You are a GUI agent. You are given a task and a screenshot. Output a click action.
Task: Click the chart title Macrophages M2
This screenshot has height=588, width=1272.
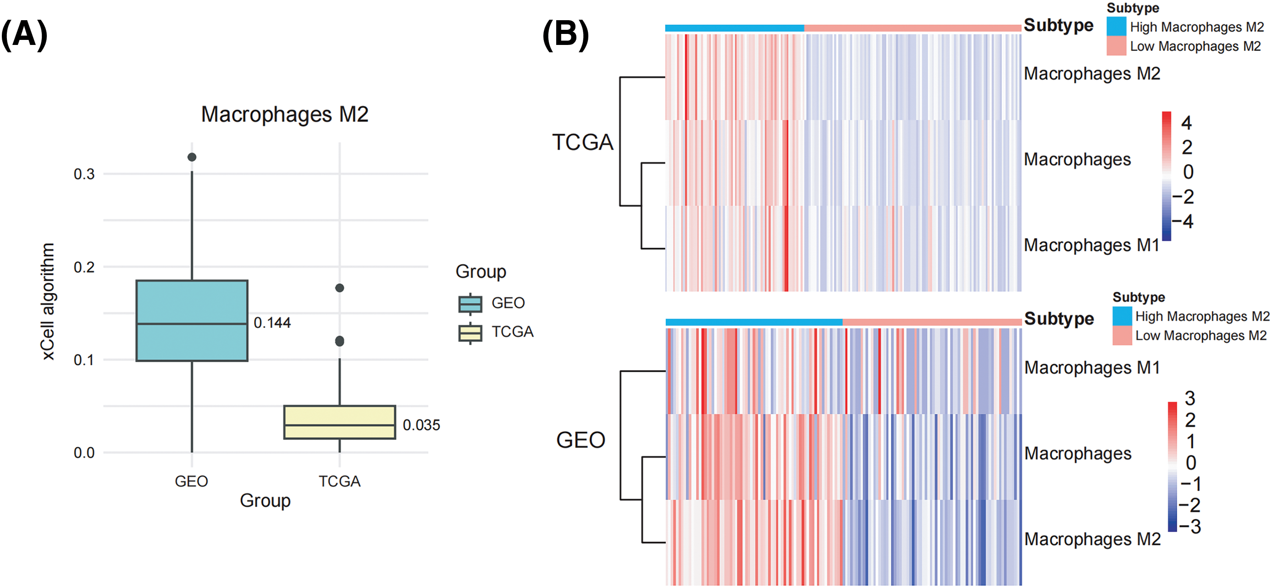[x=284, y=115]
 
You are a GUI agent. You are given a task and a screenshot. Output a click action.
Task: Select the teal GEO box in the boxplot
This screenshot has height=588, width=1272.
[x=192, y=320]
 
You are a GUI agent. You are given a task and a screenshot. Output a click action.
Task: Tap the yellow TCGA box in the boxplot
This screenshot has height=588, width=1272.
[x=339, y=422]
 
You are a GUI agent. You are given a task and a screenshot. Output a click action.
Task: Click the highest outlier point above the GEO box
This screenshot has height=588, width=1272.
[x=192, y=157]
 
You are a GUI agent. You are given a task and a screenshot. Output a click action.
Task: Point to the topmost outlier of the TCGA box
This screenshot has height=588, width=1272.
[x=339, y=288]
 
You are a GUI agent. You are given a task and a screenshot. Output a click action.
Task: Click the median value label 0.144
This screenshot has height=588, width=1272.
[x=272, y=322]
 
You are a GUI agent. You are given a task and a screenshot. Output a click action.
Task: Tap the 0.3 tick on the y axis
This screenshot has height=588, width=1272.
[x=84, y=174]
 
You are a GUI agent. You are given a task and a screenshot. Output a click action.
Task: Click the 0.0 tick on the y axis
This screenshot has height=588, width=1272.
[x=84, y=453]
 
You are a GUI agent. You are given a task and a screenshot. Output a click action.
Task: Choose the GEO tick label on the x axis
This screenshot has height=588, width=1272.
[x=191, y=481]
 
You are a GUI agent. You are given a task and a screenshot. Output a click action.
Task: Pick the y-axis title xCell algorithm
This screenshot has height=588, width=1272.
[x=48, y=301]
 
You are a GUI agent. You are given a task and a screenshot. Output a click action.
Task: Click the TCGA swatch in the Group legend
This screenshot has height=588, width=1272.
[x=470, y=332]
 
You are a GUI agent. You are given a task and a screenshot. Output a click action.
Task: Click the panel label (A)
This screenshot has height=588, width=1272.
[x=24, y=34]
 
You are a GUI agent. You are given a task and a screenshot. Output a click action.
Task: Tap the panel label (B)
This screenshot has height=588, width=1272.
[x=565, y=34]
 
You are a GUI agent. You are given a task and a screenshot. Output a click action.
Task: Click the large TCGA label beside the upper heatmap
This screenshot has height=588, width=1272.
[x=582, y=142]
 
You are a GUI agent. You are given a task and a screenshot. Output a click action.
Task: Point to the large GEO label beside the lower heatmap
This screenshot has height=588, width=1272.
[x=580, y=440]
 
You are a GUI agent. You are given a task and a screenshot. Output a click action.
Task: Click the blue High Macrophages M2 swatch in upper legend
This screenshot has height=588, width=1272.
[x=1116, y=27]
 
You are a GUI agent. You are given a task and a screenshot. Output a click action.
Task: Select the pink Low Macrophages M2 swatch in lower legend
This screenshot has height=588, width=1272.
[x=1122, y=335]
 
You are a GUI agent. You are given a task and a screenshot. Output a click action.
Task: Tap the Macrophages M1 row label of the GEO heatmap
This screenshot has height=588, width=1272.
[x=1092, y=368]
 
